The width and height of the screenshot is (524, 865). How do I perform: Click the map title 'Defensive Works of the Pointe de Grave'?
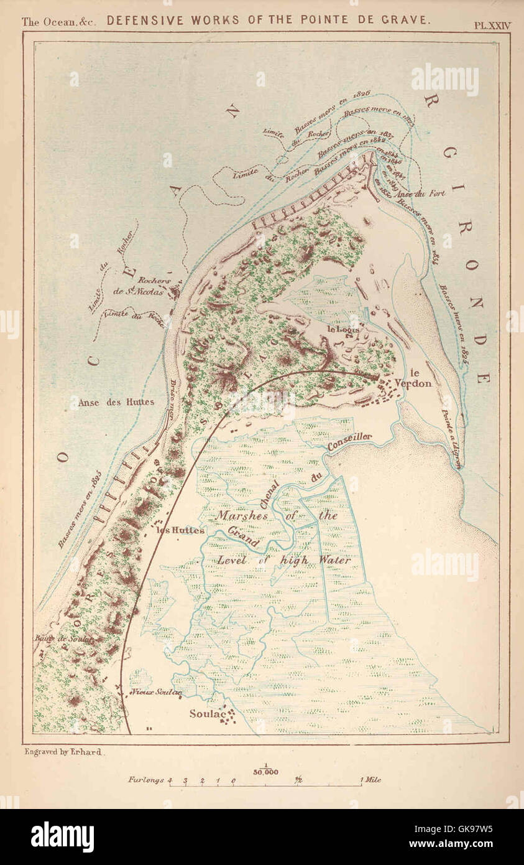[268, 20]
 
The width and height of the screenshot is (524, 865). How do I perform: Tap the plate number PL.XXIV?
[492, 26]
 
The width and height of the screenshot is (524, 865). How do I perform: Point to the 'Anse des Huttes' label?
[116, 402]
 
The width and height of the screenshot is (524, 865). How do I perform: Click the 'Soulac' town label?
[206, 714]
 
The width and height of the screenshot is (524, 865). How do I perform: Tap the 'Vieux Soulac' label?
[156, 692]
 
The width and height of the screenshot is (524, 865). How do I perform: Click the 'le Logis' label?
[339, 329]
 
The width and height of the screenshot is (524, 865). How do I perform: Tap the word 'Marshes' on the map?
[242, 516]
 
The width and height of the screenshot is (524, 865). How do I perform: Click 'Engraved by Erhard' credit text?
[63, 752]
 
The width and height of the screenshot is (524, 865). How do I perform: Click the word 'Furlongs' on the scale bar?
[146, 780]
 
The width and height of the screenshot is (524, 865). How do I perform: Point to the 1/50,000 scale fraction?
[265, 769]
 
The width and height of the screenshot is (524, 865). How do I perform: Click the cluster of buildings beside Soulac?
[228, 716]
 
